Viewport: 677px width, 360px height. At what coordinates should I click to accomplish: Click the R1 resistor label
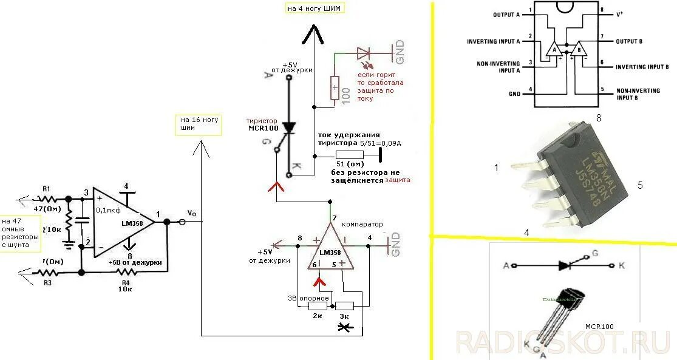click(x=46, y=189)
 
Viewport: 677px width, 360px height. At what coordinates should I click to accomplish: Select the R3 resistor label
click(x=46, y=282)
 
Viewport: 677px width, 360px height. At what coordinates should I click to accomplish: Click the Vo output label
click(x=192, y=213)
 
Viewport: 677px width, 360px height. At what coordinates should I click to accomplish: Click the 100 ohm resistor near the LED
click(x=335, y=87)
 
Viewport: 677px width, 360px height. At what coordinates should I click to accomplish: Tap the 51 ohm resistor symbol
click(x=349, y=155)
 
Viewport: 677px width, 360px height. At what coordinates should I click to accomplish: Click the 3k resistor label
click(x=344, y=316)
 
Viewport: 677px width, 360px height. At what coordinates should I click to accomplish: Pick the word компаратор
click(x=362, y=224)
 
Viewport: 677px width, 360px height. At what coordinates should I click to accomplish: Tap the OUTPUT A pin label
click(x=506, y=14)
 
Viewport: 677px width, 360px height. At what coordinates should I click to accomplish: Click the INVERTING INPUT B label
click(x=642, y=67)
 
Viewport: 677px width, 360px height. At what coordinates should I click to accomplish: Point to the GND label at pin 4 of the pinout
click(x=514, y=94)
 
